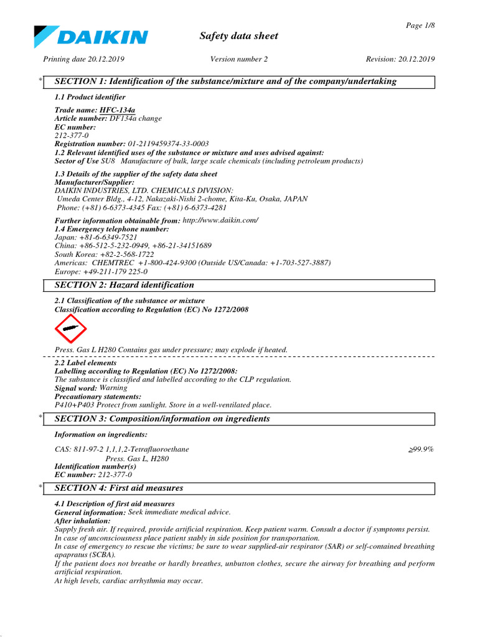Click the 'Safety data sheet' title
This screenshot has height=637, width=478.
[x=238, y=36]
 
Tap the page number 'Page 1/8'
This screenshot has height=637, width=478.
[x=420, y=25]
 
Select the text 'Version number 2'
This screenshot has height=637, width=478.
[x=239, y=59]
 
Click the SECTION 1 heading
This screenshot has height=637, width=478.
[x=225, y=81]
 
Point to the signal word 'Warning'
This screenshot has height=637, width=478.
[x=113, y=388]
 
